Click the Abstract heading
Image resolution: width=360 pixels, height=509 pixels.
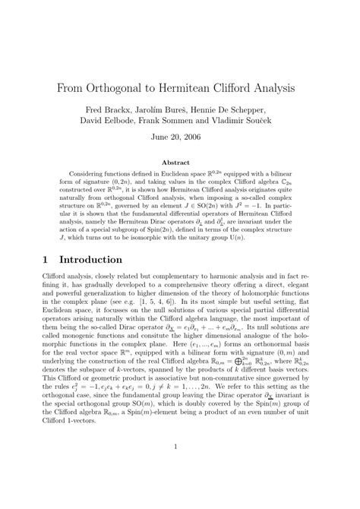pos(179,162)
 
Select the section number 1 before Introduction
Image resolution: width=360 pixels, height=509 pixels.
pos(44,259)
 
